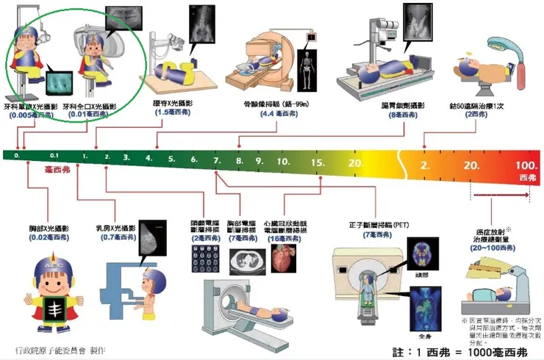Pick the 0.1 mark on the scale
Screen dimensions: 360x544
54,156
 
